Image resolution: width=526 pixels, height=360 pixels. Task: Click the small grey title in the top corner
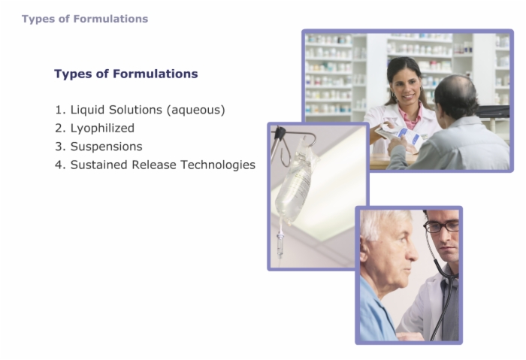point(85,19)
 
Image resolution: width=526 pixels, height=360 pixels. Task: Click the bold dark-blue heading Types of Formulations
point(126,74)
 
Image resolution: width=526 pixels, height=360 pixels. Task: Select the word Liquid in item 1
point(88,110)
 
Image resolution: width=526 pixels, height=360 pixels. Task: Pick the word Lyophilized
point(102,129)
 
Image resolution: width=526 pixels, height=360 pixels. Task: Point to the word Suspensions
point(107,147)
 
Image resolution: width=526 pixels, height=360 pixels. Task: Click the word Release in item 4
point(154,165)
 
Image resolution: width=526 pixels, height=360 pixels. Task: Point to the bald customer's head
point(457,95)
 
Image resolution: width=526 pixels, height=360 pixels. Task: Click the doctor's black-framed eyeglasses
point(442,226)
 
